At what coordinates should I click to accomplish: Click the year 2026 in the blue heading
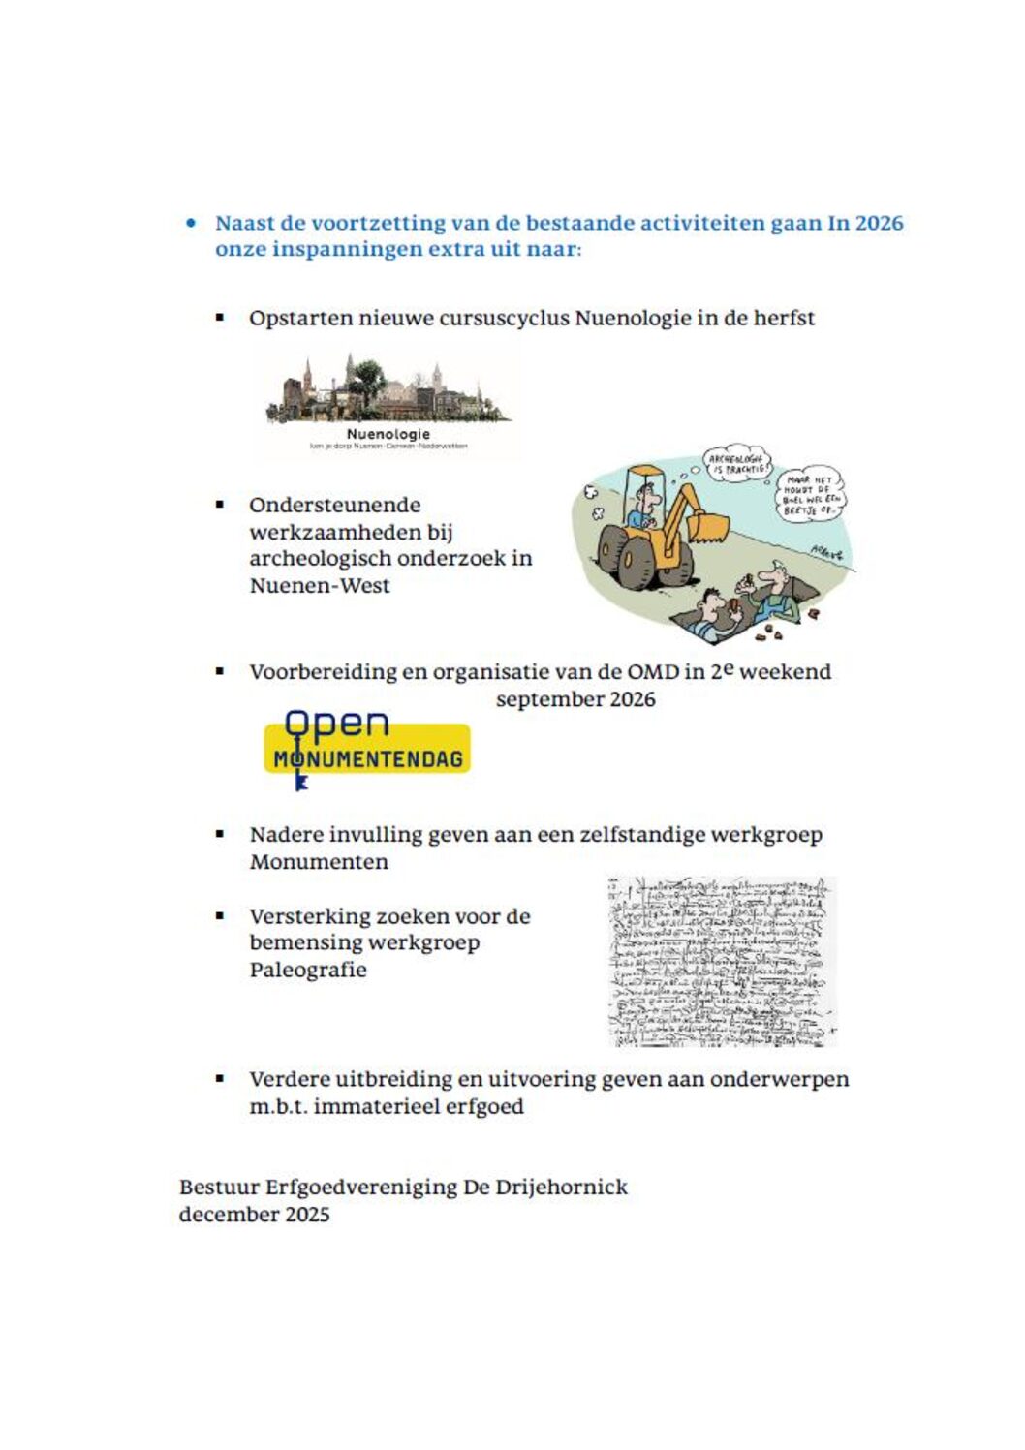coord(879,223)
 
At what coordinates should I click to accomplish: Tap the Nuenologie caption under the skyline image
coord(388,434)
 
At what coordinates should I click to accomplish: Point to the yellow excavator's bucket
coord(710,527)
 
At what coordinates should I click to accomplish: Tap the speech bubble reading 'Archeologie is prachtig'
coord(737,464)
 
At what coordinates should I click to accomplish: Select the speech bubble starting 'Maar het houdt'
coord(810,493)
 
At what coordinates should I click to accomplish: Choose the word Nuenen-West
coord(320,585)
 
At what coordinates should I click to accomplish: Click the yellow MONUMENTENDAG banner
coord(368,758)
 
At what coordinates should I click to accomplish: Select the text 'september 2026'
coord(575,699)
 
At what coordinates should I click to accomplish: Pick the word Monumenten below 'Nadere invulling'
coord(319,862)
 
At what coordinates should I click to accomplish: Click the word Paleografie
coord(308,970)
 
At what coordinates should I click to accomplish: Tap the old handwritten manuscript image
coord(721,961)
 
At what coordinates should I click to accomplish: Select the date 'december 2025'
coord(254,1215)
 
